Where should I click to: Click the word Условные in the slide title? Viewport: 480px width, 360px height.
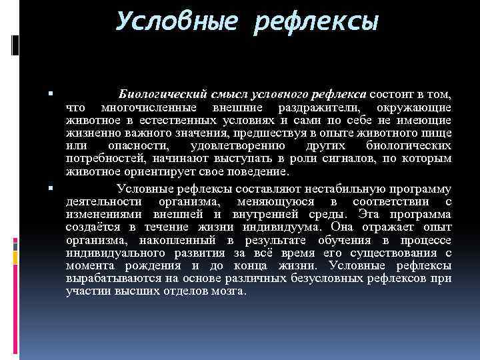(x=175, y=22)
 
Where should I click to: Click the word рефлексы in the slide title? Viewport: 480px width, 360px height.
(x=318, y=22)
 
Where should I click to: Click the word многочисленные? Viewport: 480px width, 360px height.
(x=149, y=107)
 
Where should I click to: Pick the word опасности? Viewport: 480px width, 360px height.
(x=141, y=145)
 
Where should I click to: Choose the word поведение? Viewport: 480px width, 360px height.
(x=257, y=171)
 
